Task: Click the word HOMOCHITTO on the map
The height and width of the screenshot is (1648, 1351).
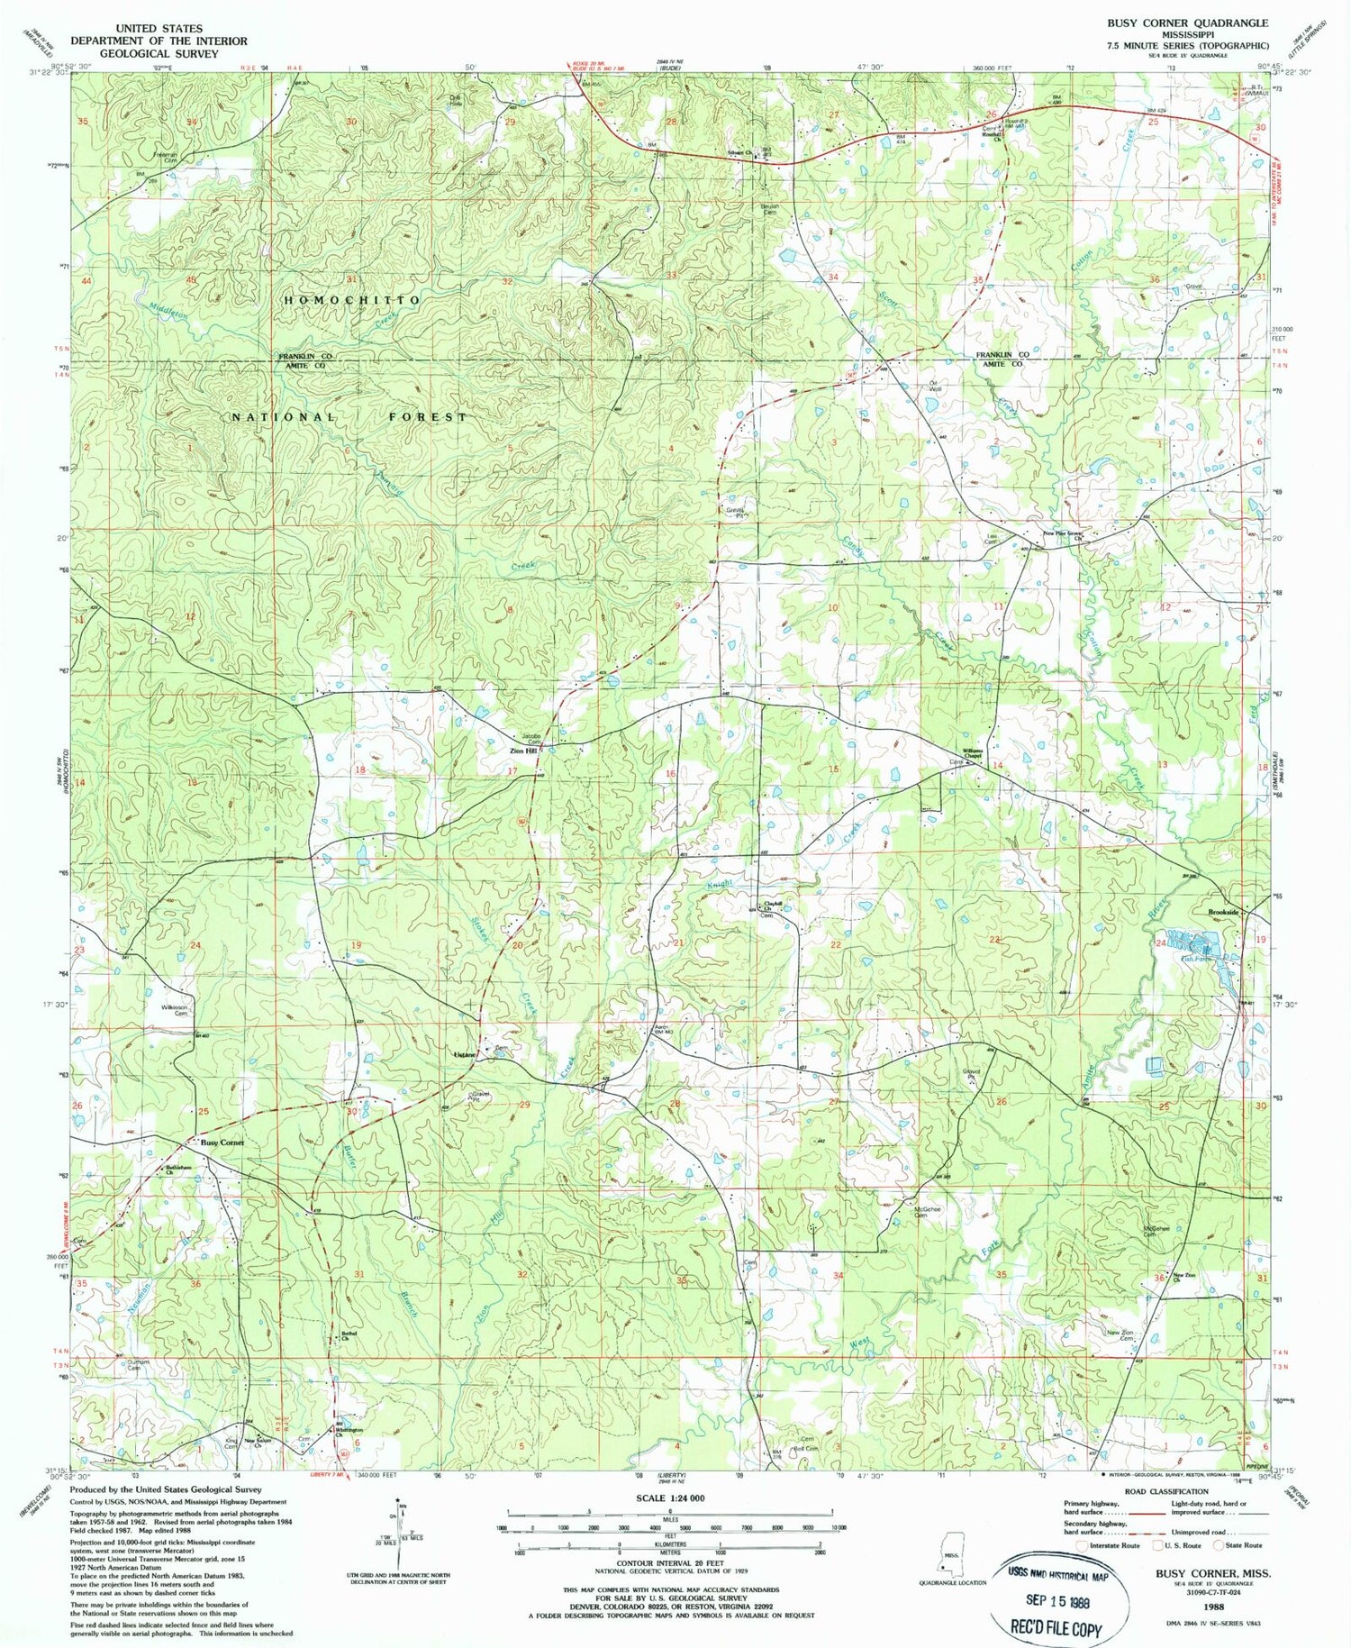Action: click(352, 299)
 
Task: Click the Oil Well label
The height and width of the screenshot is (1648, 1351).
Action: click(934, 386)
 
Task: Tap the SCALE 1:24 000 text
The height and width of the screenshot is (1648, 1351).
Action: click(670, 1498)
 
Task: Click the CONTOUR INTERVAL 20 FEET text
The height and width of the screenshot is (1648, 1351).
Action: click(670, 1563)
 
